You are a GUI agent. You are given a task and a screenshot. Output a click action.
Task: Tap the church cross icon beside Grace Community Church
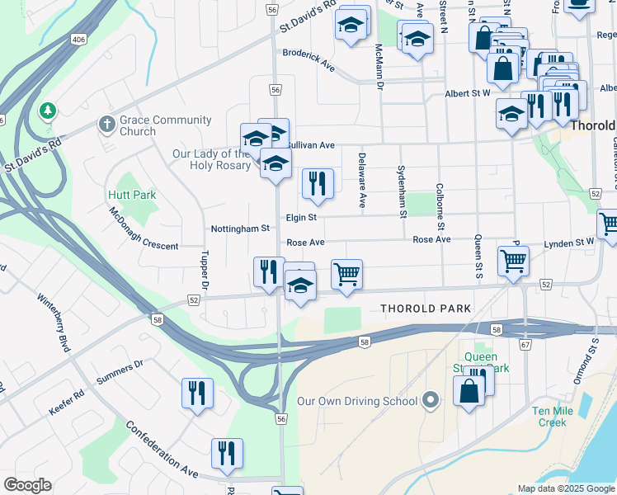tap(106, 125)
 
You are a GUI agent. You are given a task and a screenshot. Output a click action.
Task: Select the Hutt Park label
tap(132, 195)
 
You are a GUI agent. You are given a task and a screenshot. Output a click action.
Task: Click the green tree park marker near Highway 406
tap(48, 110)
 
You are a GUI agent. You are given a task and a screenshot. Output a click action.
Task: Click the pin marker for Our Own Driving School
tap(430, 402)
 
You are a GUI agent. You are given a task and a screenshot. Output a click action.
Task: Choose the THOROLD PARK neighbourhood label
tap(426, 309)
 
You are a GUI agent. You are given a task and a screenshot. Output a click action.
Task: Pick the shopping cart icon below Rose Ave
tap(347, 275)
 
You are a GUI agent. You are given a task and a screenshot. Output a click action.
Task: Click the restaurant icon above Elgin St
tap(318, 184)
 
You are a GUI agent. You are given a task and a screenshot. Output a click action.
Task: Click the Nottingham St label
tap(240, 228)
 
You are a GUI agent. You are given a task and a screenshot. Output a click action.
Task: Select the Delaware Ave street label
tap(362, 179)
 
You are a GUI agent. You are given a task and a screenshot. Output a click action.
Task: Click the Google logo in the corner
tap(27, 485)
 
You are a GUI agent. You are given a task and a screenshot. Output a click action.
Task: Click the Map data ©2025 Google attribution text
tap(566, 488)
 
